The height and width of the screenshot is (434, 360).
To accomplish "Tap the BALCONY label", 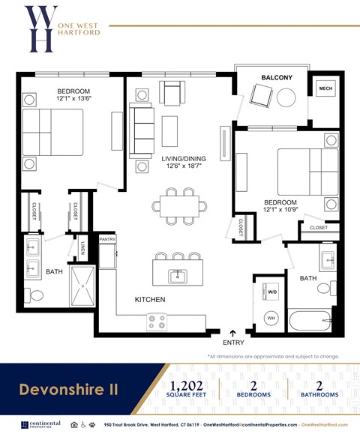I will coord(277,78).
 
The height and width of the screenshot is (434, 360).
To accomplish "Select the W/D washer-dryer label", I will coord(271,292).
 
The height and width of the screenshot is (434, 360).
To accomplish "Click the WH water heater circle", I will coord(271,319).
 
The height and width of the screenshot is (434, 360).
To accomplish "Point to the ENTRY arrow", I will coord(233,332).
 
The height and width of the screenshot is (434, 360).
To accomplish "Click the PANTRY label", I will coord(107,240).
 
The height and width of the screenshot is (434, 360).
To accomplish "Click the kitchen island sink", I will coord(177,277).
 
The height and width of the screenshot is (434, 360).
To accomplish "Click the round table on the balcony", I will coord(286,97).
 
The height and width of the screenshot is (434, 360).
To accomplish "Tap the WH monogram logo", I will coord(40,28).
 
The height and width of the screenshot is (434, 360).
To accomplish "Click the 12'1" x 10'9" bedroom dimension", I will coord(280,211).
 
